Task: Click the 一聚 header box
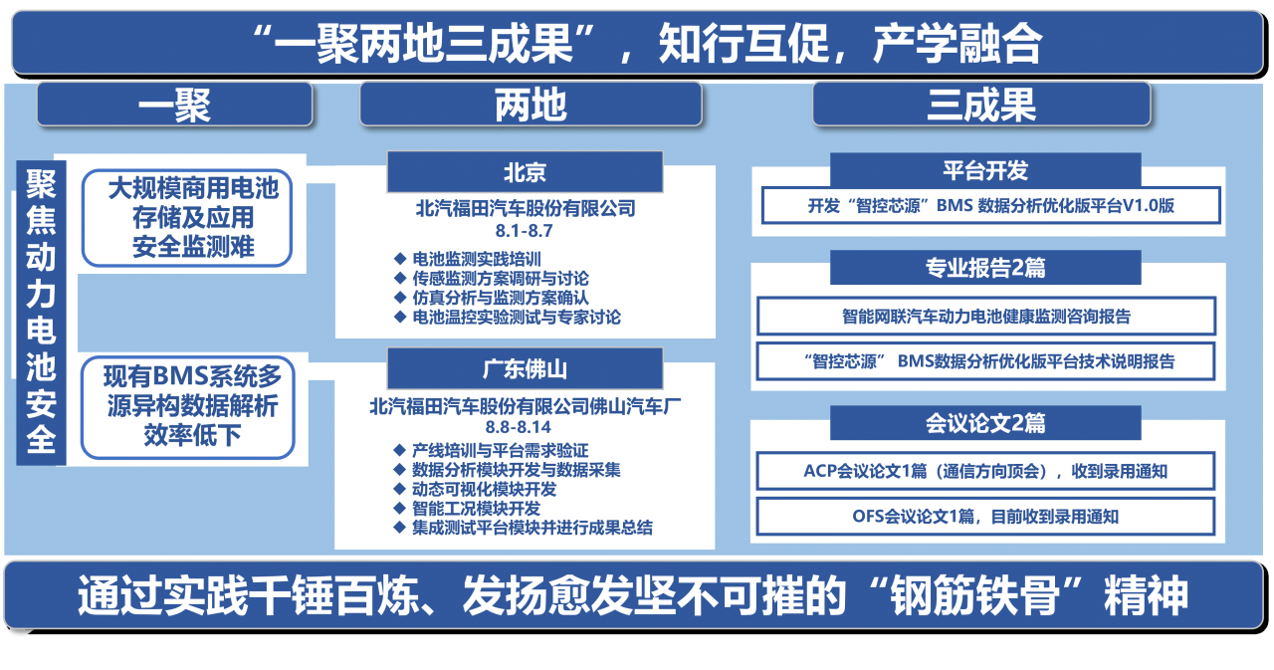(174, 105)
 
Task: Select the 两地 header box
(530, 105)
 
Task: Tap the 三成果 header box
(981, 105)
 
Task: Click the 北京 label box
(525, 172)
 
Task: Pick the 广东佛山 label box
(525, 369)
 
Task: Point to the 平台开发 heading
(984, 170)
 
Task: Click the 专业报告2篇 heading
(984, 268)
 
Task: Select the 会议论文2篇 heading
(984, 423)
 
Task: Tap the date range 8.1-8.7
(525, 230)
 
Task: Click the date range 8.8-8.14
(525, 427)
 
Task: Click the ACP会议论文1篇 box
(984, 471)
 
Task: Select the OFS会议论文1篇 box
(984, 516)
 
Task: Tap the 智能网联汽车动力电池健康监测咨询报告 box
(985, 317)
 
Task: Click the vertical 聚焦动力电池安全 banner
(42, 312)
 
